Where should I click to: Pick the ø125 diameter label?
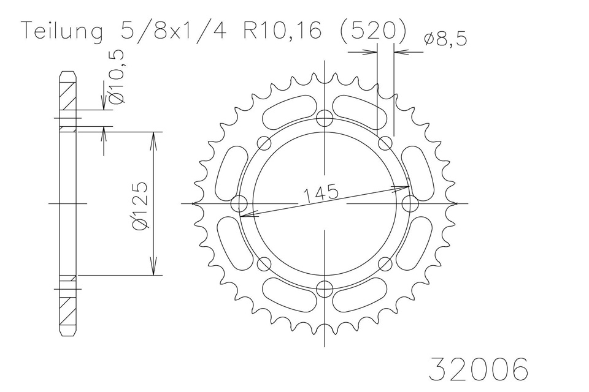click(141, 205)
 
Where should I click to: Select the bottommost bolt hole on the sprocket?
click(325, 287)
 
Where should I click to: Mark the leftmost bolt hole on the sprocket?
click(240, 203)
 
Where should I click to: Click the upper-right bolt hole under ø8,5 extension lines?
click(385, 143)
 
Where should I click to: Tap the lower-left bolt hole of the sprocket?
click(264, 263)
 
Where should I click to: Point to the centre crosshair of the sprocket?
click(325, 203)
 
